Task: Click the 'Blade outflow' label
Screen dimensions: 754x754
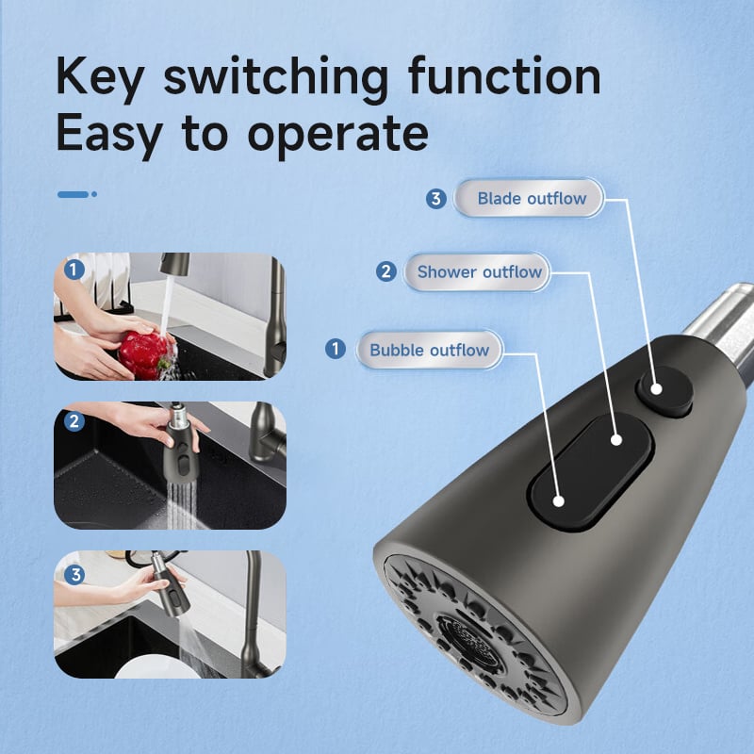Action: coord(528,198)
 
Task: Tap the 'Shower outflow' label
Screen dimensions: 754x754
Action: coord(477,272)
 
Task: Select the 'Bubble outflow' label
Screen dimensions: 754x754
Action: coord(430,350)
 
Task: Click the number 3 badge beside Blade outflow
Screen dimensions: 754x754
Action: coord(436,199)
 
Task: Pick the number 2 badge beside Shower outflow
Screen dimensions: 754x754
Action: coord(386,271)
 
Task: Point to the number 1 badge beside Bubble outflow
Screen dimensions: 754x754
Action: coord(336,349)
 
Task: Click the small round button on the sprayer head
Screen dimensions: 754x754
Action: coord(664,390)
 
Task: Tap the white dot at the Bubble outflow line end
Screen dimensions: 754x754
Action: coord(558,501)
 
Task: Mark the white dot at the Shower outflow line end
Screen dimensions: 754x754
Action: coord(616,439)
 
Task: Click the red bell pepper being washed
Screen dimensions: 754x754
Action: coord(143,355)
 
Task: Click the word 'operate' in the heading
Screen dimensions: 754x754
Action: coord(337,135)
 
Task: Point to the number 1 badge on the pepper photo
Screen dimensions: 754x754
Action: coord(74,270)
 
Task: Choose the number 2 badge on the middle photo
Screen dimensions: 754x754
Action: coord(74,421)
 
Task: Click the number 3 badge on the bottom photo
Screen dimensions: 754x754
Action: coord(74,575)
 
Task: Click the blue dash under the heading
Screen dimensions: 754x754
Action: coord(77,194)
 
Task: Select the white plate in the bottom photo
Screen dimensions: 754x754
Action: coord(157,668)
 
